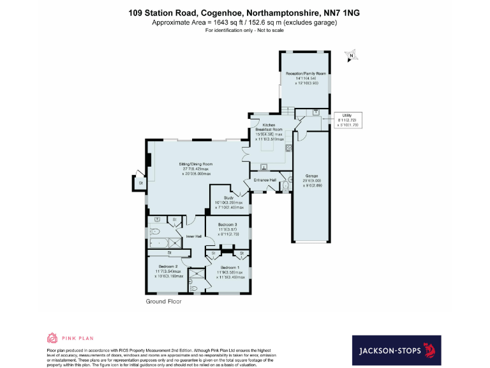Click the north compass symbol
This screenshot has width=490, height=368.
pos(350,57)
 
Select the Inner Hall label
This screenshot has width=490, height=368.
pos(193,237)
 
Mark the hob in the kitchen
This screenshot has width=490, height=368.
pos(288,149)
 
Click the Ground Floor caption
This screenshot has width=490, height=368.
pos(163,300)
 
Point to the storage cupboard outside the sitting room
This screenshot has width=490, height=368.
pos(140,183)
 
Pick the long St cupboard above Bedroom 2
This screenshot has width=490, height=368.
pos(169,254)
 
